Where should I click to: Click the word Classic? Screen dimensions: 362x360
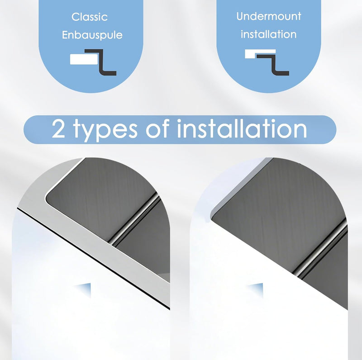tap(90, 17)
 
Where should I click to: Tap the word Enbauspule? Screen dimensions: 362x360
tap(92, 35)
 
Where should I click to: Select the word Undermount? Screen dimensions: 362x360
tap(269, 16)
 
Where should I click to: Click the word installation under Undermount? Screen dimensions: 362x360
tap(268, 34)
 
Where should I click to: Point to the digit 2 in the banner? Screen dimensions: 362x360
tap(58, 129)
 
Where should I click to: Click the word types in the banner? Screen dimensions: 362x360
tap(105, 130)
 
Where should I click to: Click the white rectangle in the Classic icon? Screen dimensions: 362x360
tap(84, 59)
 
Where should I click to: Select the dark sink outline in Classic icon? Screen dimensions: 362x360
tap(101, 62)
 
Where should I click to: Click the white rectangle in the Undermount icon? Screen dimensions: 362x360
tap(260, 53)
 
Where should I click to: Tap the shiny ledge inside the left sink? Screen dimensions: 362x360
tap(134, 219)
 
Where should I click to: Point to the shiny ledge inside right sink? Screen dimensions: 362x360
tap(321, 249)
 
